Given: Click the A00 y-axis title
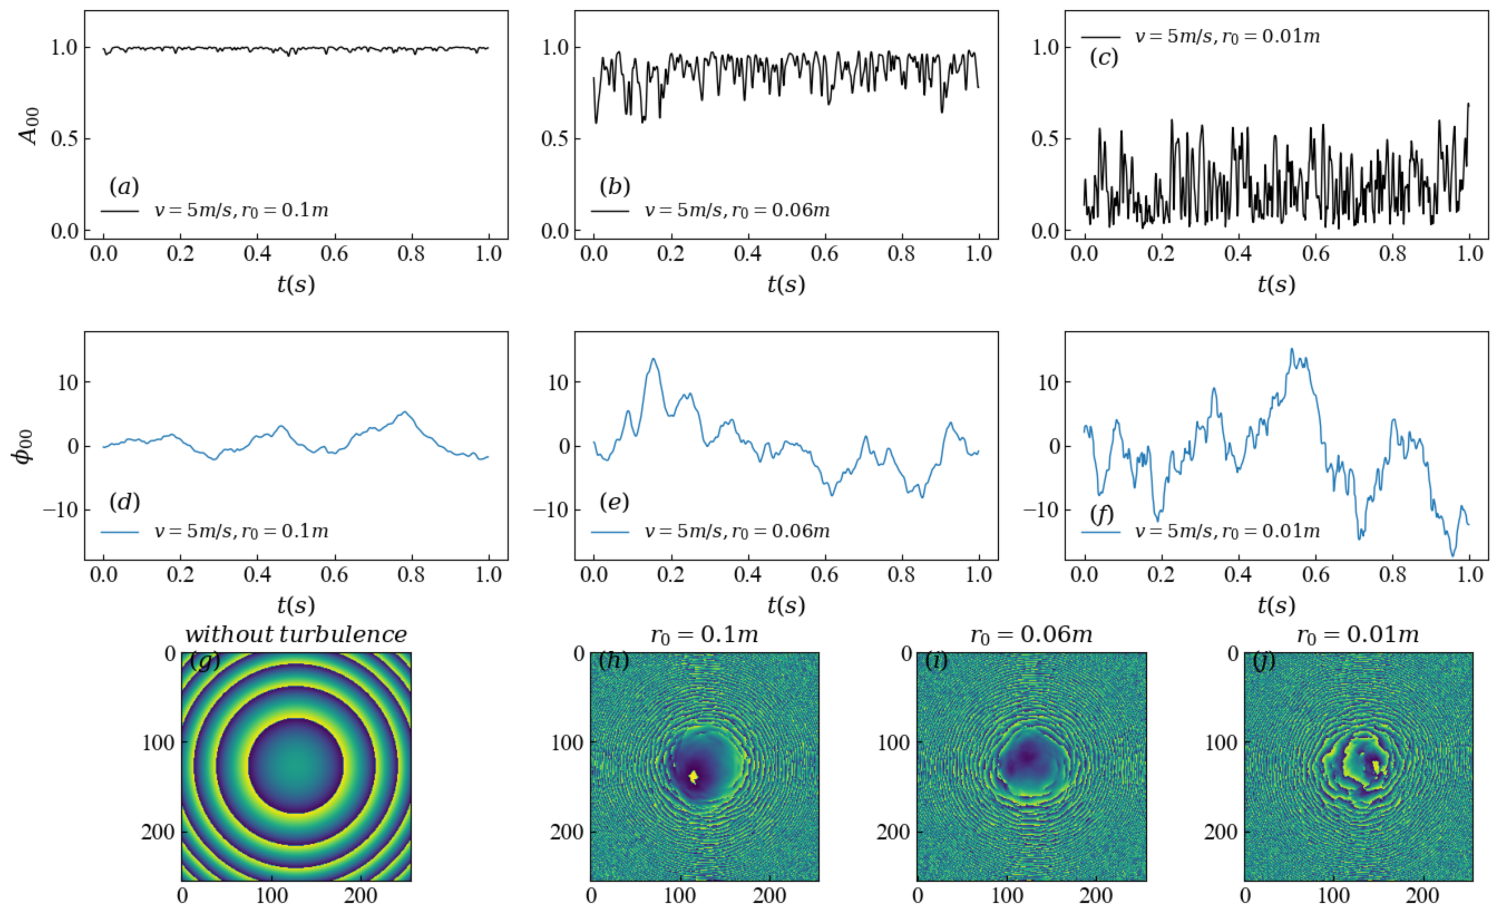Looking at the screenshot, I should coord(29,126).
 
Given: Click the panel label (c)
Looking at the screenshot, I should coord(1103,58).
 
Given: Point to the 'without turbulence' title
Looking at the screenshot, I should coord(296,635).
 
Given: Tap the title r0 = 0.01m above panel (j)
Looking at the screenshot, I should coord(1357,635).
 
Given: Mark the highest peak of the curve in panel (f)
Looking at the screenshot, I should coord(1292,349).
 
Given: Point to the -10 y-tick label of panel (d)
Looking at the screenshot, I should coord(61,510).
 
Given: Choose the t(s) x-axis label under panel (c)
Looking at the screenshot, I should coord(1276,283).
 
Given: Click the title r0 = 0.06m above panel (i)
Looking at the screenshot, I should coord(1031,635).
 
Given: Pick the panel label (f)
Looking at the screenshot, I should coord(1101,514).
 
